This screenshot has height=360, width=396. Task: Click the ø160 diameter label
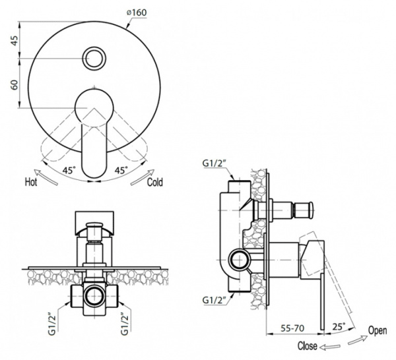point(137,12)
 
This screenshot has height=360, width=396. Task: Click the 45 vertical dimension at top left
point(15,41)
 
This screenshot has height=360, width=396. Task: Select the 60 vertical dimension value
point(15,84)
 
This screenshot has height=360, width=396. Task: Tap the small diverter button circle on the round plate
point(94,58)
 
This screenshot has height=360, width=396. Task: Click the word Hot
point(31,182)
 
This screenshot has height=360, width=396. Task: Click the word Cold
point(155,182)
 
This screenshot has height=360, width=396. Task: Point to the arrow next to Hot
point(46,177)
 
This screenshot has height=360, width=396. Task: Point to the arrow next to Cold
point(142,177)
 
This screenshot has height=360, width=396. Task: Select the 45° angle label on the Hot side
point(69,170)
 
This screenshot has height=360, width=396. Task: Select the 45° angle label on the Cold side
point(121,170)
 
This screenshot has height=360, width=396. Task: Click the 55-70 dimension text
point(292,328)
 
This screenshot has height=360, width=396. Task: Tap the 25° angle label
point(339,326)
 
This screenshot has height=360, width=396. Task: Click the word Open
point(378,330)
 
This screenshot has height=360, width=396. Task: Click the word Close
point(307,345)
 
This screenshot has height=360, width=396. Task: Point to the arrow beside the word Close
point(329,347)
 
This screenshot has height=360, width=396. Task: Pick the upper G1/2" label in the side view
point(214,164)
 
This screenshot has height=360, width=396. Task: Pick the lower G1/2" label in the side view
point(214,300)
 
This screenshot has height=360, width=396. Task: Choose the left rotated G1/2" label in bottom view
point(51,324)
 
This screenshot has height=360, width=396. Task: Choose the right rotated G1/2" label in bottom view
point(125,324)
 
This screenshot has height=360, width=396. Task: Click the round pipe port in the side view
point(240,260)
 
